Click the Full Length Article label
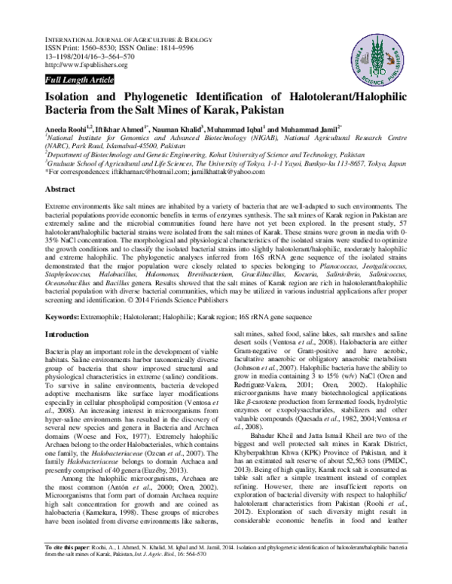(x=79, y=79)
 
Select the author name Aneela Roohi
(x=66, y=129)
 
